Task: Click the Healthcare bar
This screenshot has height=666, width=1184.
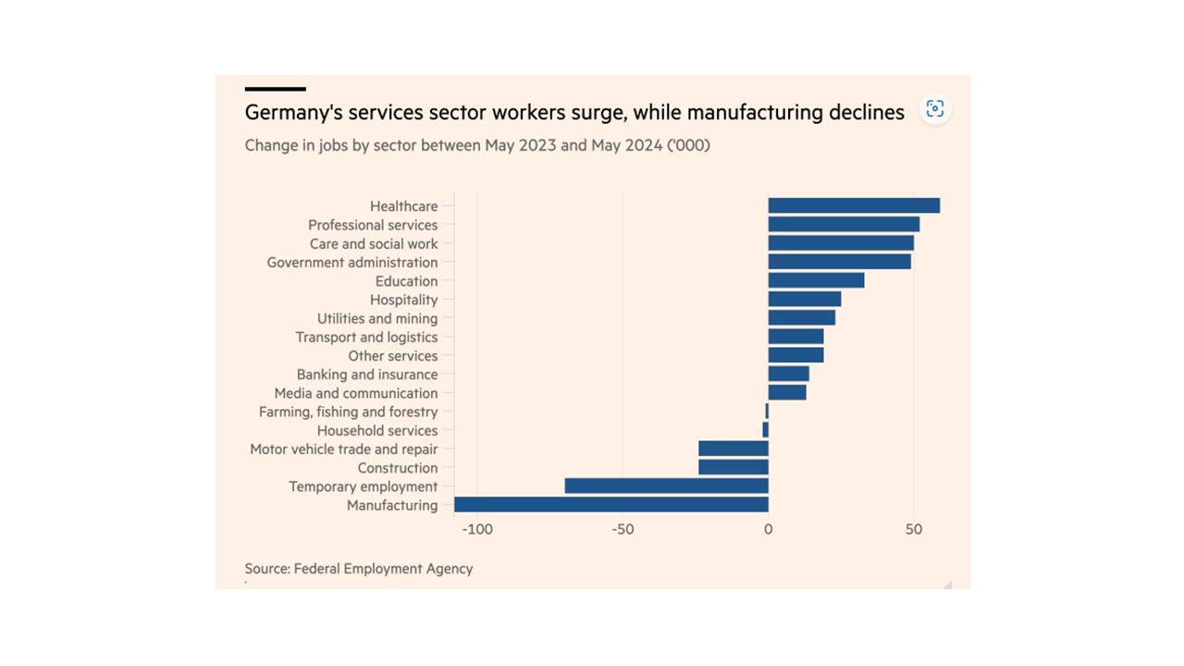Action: tap(854, 205)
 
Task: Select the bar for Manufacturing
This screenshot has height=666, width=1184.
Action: tap(610, 504)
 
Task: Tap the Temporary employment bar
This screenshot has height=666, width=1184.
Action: tap(666, 486)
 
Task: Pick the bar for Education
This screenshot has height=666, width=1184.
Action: tap(816, 280)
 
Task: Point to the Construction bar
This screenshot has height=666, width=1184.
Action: tap(734, 467)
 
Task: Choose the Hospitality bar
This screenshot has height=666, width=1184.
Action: tap(805, 299)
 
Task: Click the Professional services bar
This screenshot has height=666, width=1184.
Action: tap(844, 224)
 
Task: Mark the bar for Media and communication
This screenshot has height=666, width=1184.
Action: tap(787, 392)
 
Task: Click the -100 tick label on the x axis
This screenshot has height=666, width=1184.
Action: tap(477, 530)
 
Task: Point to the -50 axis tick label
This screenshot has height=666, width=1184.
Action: tap(623, 530)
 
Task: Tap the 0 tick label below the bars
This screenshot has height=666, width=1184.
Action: tap(768, 530)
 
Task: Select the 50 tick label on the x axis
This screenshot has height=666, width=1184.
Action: tap(913, 530)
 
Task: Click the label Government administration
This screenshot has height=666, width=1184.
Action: tap(352, 263)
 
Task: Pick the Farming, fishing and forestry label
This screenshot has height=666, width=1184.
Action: tap(348, 412)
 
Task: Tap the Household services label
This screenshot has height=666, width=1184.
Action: tap(377, 430)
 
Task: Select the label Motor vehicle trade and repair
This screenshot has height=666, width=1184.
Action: tap(344, 450)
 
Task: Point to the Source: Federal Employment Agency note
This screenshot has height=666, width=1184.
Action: tap(359, 569)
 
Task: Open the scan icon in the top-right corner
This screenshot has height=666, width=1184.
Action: tap(935, 109)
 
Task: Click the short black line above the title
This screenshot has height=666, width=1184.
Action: tap(275, 89)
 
